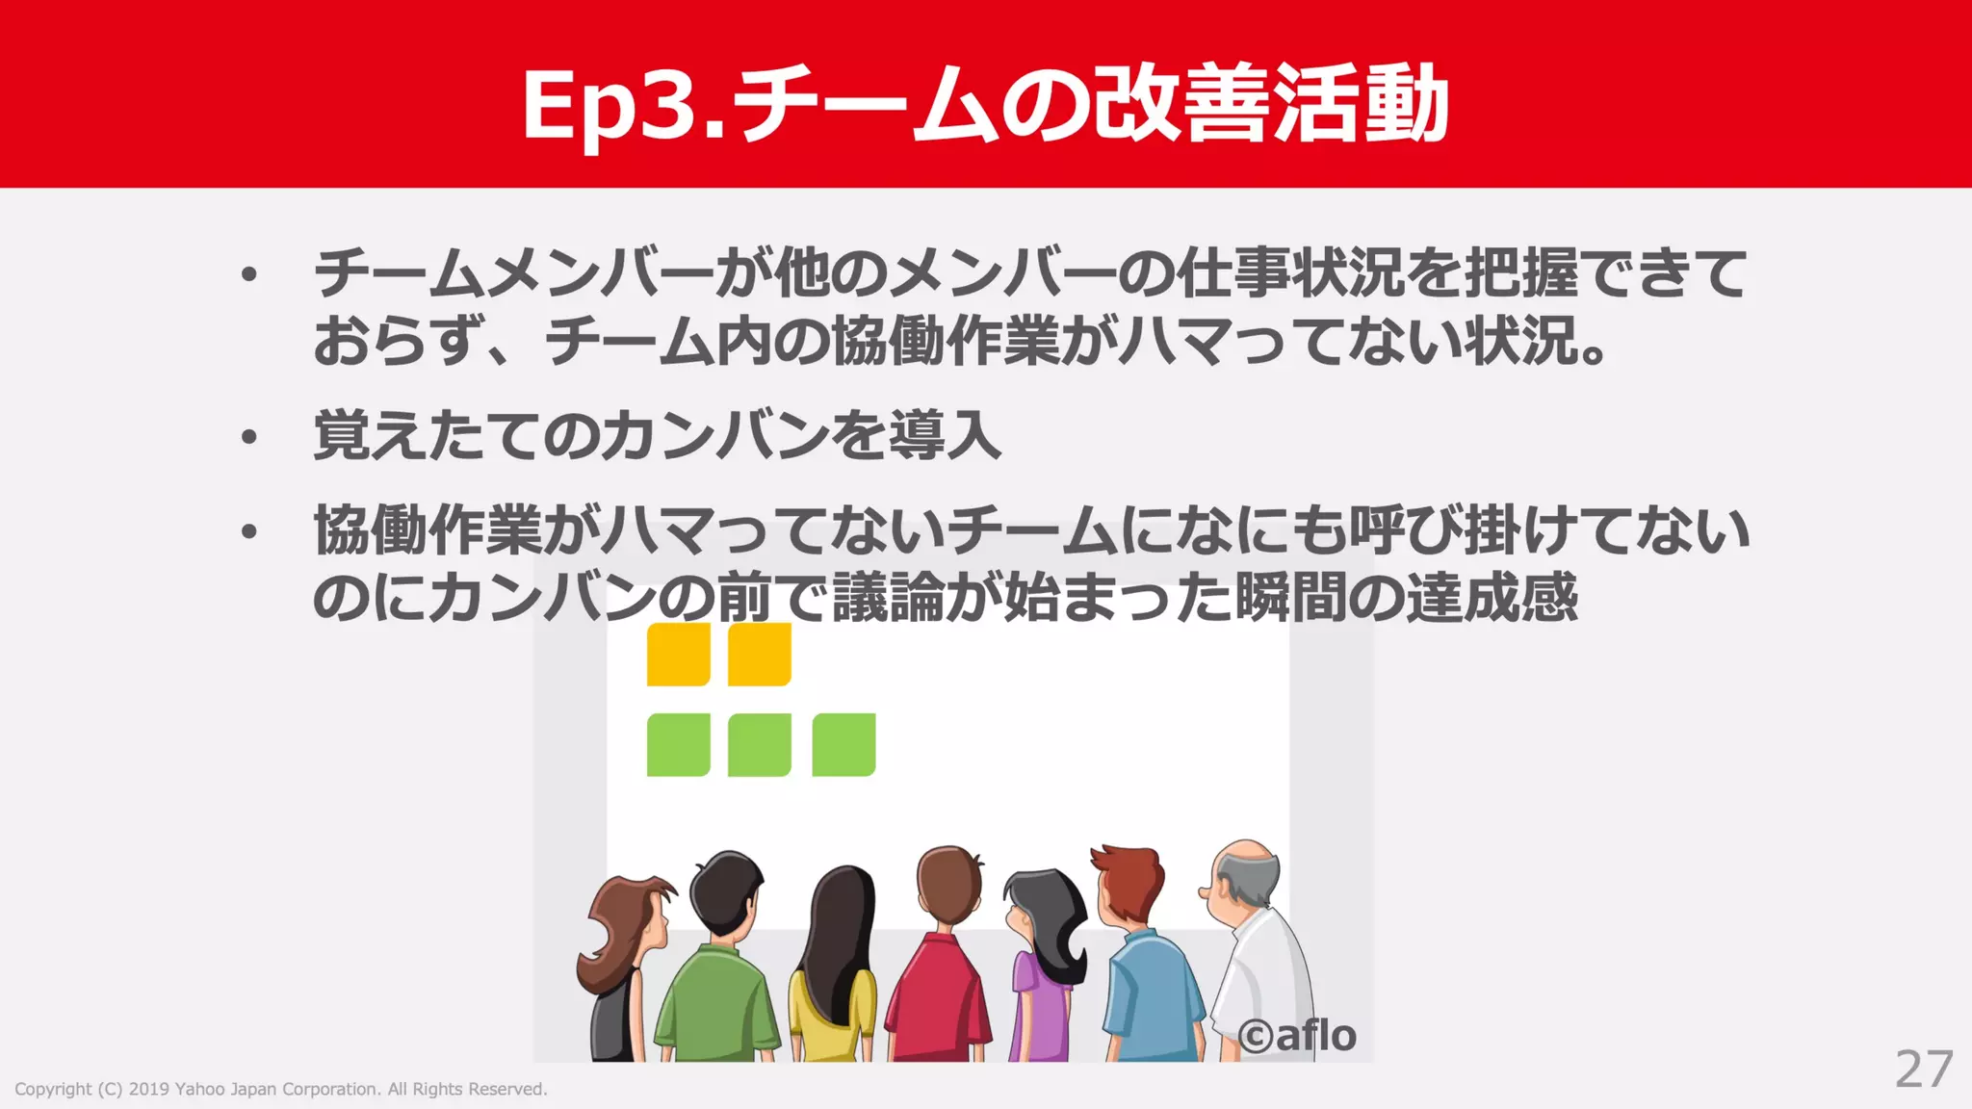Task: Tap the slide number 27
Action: point(1923,1069)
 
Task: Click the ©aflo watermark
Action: point(1297,1036)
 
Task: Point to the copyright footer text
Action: point(280,1089)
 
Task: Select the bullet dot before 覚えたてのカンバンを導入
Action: point(249,438)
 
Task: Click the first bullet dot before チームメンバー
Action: point(249,275)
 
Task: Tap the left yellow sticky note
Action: point(678,655)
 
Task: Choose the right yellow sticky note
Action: point(759,655)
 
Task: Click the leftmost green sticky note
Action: point(678,744)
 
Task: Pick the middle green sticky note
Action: point(759,744)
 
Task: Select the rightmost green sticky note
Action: point(843,744)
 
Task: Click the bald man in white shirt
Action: point(1257,953)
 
